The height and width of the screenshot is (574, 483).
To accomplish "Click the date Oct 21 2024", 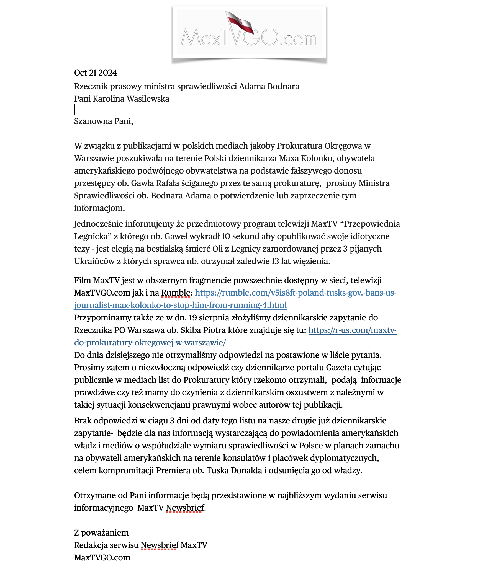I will click(x=95, y=73).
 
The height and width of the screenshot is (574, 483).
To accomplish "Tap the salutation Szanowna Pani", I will click(x=104, y=121).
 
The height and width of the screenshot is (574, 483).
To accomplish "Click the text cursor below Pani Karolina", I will click(x=75, y=109).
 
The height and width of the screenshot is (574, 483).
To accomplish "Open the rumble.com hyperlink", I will click(x=295, y=293).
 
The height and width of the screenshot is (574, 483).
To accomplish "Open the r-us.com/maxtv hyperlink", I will click(x=352, y=330).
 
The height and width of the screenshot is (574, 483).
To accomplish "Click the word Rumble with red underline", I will click(x=176, y=293).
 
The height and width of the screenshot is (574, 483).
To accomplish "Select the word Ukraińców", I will click(x=94, y=261).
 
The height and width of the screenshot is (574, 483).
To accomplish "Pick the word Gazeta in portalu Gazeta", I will click(x=339, y=368).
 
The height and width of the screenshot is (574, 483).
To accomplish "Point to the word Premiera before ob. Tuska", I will click(x=173, y=470).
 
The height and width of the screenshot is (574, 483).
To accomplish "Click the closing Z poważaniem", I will click(x=101, y=533).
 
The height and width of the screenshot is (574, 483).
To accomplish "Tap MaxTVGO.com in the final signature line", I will click(x=102, y=558).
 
